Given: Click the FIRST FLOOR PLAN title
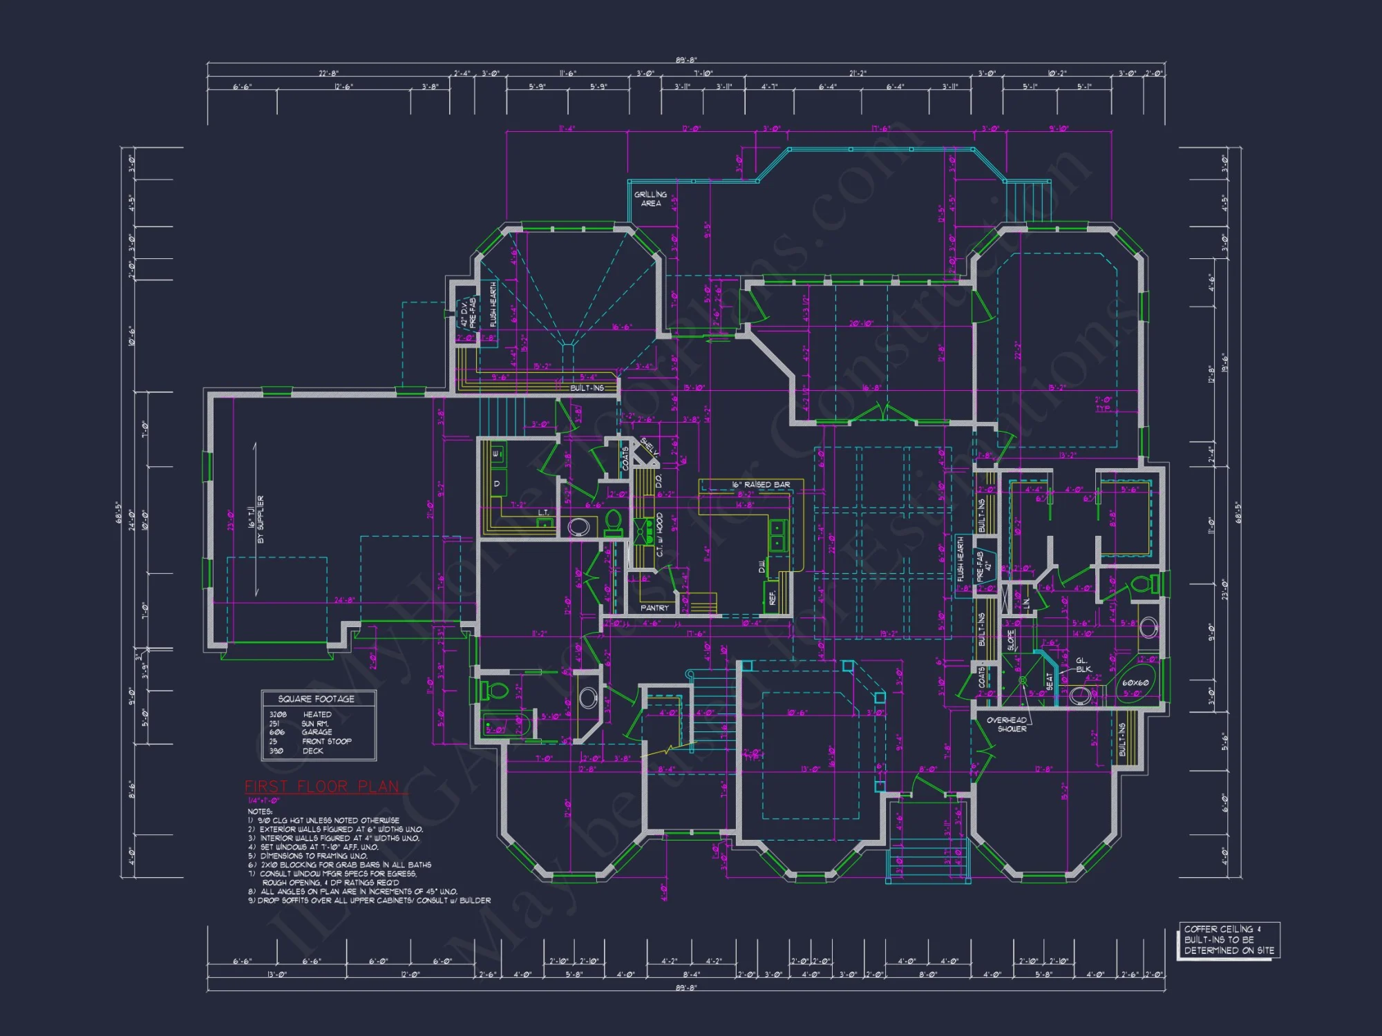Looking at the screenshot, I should click(x=322, y=787).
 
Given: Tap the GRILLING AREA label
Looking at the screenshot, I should click(x=650, y=199).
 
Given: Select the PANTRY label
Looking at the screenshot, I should click(x=654, y=608).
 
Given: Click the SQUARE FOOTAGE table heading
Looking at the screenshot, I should click(x=316, y=699).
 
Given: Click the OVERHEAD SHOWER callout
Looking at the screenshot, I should click(x=1007, y=724).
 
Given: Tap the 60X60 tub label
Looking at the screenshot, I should click(x=1135, y=683).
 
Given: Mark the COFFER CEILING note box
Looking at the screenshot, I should click(x=1229, y=939).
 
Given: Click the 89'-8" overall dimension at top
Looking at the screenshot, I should click(x=686, y=60).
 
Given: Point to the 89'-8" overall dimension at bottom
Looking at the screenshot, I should click(x=686, y=988).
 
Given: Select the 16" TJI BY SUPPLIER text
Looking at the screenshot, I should click(x=256, y=519).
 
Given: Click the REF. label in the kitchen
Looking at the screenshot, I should click(x=773, y=597).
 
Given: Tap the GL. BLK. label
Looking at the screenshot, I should click(x=1083, y=664).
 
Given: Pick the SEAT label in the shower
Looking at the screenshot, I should click(x=1050, y=681).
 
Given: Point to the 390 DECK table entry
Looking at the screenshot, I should click(x=296, y=751).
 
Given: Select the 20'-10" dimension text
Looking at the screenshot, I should click(x=861, y=323).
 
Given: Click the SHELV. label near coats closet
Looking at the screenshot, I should click(x=649, y=446).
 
